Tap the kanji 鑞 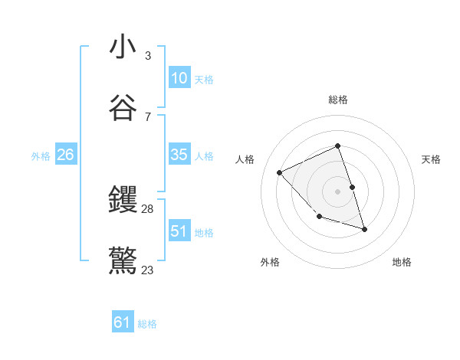pyautogui.click(x=123, y=201)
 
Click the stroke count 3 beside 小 pyautogui.click(x=148, y=56)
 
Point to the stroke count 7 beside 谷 pyautogui.click(x=148, y=116)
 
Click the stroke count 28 pyautogui.click(x=148, y=209)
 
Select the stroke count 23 pyautogui.click(x=148, y=270)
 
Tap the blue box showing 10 pyautogui.click(x=179, y=78)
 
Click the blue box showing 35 pyautogui.click(x=179, y=155)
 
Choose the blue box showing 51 pyautogui.click(x=179, y=231)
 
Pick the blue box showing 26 pyautogui.click(x=66, y=155)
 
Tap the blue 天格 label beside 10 pyautogui.click(x=204, y=80)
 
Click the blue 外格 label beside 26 pyautogui.click(x=41, y=156)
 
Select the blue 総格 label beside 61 pyautogui.click(x=148, y=325)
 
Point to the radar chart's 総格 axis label pyautogui.click(x=338, y=100)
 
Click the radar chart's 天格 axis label pyautogui.click(x=431, y=159)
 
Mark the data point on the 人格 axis pyautogui.click(x=280, y=172)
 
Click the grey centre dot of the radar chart pyautogui.click(x=338, y=191)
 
